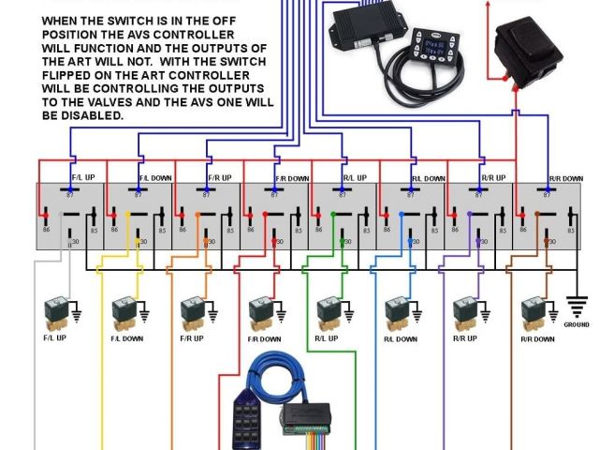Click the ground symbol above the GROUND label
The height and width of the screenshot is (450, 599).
[576, 306]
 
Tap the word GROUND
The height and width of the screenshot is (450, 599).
[577, 324]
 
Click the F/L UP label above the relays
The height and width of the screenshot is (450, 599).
[84, 176]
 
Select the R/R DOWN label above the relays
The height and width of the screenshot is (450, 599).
[566, 177]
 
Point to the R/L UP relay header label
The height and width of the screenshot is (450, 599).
[354, 176]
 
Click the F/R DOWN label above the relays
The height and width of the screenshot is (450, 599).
[292, 177]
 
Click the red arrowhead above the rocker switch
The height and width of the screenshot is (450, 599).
[488, 7]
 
